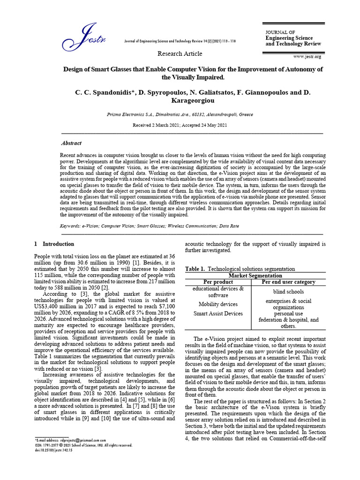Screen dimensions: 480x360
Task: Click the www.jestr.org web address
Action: [307, 57]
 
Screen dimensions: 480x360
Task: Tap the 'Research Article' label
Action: [180, 54]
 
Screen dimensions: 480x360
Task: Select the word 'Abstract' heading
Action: [71, 143]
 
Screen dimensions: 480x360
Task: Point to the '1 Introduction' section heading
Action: [54, 244]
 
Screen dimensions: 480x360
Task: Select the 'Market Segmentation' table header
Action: [255, 276]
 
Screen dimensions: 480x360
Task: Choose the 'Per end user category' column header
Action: [288, 282]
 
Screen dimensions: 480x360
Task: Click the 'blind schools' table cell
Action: [288, 292]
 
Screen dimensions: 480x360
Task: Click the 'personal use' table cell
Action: [288, 314]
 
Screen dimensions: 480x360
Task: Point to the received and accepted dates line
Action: [180, 125]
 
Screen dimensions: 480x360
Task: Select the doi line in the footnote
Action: [54, 450]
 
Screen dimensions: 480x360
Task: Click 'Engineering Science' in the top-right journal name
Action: [289, 38]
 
